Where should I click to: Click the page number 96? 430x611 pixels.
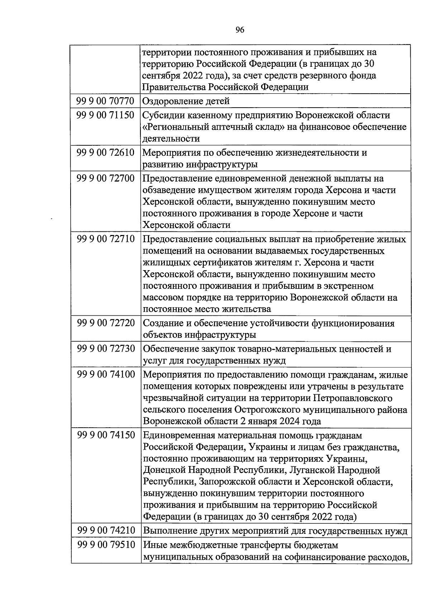pyautogui.click(x=240, y=30)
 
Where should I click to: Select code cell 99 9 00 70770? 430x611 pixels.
pyautogui.click(x=105, y=101)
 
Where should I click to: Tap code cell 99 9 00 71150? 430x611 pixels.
pyautogui.click(x=105, y=116)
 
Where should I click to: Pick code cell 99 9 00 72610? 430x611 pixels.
pyautogui.click(x=105, y=153)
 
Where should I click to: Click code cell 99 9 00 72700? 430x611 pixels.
pyautogui.click(x=105, y=179)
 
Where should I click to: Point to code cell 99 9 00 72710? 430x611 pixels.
pyautogui.click(x=105, y=239)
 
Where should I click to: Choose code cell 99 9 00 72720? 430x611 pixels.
pyautogui.click(x=105, y=323)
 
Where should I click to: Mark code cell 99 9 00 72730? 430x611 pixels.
pyautogui.click(x=105, y=349)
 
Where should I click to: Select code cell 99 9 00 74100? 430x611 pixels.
pyautogui.click(x=105, y=375)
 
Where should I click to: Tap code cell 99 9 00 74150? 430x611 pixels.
pyautogui.click(x=105, y=436)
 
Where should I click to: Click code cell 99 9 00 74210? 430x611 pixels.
pyautogui.click(x=105, y=531)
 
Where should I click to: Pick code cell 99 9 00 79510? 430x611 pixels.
pyautogui.click(x=105, y=545)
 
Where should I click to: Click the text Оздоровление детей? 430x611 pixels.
pyautogui.click(x=186, y=101)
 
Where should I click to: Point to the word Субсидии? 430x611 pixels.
pyautogui.click(x=163, y=116)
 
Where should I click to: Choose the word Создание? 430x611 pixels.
pyautogui.click(x=163, y=323)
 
